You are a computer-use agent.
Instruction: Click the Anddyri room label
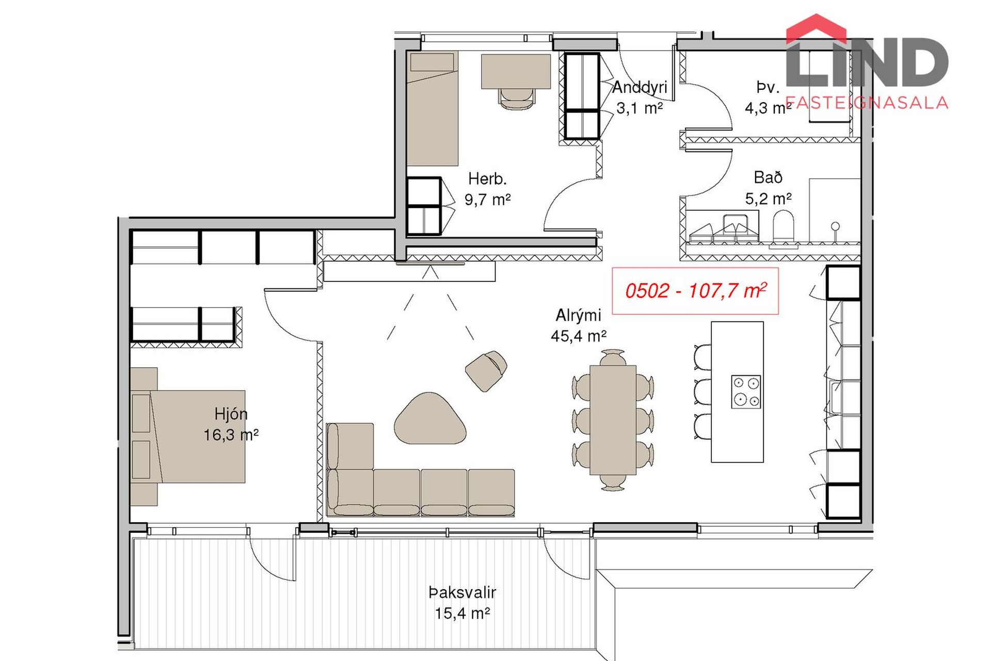tap(640, 87)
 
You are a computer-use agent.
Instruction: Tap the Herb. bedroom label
tap(487, 179)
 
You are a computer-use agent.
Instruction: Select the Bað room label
tap(768, 178)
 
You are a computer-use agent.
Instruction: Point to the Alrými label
tap(578, 316)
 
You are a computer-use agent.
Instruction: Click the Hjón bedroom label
tap(231, 414)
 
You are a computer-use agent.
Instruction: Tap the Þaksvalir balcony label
tap(462, 592)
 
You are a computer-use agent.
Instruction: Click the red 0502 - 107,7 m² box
tap(695, 291)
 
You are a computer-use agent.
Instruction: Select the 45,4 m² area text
tap(578, 336)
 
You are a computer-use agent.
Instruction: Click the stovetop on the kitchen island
tap(746, 392)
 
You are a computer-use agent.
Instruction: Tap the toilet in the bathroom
tap(783, 225)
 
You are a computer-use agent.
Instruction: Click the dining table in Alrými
tap(613, 420)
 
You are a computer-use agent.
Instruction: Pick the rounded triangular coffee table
tap(430, 418)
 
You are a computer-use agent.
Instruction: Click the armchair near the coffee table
tap(486, 370)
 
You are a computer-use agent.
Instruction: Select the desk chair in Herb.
tap(516, 98)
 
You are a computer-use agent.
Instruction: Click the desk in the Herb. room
tap(516, 71)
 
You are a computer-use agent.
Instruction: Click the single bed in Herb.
tap(433, 108)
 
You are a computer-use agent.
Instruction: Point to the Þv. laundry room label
tap(768, 88)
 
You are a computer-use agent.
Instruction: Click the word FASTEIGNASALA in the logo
tap(867, 102)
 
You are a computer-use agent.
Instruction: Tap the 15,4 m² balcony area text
tap(462, 613)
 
